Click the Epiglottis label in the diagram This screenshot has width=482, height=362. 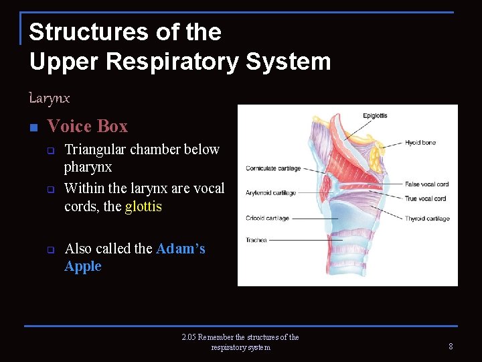tap(375, 115)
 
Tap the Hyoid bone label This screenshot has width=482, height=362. tap(420, 142)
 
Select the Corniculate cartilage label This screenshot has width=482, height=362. tap(273, 168)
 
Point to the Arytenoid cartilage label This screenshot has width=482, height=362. tap(270, 193)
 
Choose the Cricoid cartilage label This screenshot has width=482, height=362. tap(267, 218)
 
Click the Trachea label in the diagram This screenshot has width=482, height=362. tap(256, 240)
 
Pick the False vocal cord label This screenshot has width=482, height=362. tap(426, 184)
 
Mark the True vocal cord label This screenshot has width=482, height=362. tap(426, 198)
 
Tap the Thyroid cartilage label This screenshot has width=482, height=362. tap(427, 219)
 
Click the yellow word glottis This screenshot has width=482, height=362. tap(143, 206)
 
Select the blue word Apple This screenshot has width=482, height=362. tap(82, 266)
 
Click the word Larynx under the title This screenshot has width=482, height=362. tap(49, 99)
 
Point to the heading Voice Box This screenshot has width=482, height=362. tap(87, 126)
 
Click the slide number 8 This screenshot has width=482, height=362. tap(451, 346)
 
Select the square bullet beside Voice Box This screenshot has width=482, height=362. tap(33, 127)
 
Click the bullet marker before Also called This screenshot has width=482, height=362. tap(50, 249)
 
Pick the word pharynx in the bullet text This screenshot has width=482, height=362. tap(88, 166)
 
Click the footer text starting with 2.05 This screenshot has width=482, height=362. tap(240, 342)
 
